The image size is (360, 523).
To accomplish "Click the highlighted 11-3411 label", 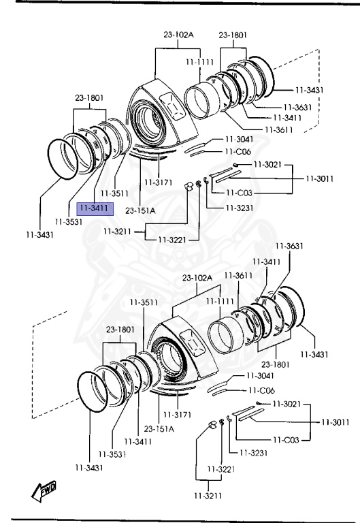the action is point(95,208).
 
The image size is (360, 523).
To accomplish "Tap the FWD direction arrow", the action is point(44,491).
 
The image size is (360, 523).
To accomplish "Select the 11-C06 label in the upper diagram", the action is point(238,152).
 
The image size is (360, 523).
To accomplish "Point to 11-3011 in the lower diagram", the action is point(335,422).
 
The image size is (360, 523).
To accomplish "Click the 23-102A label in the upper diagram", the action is point(179,34).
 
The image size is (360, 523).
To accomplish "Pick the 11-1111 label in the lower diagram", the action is point(220,302).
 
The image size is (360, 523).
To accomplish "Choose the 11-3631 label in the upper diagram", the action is point(297,108).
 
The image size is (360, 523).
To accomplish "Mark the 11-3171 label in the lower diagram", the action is point(177,415).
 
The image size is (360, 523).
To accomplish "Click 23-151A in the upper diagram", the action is point(140,211).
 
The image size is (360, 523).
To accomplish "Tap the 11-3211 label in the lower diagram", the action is point(208,496).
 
